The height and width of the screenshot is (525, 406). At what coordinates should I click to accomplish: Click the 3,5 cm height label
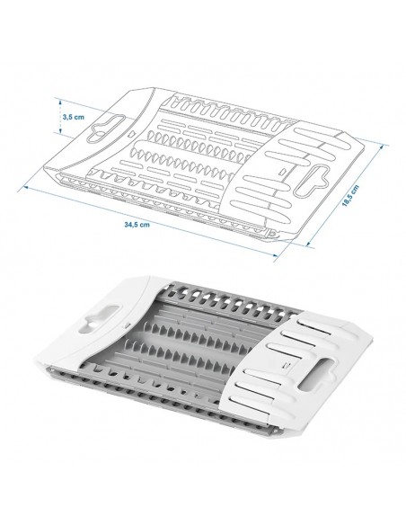coord(73,117)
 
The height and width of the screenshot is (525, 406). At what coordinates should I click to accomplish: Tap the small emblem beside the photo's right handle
coord(286,364)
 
